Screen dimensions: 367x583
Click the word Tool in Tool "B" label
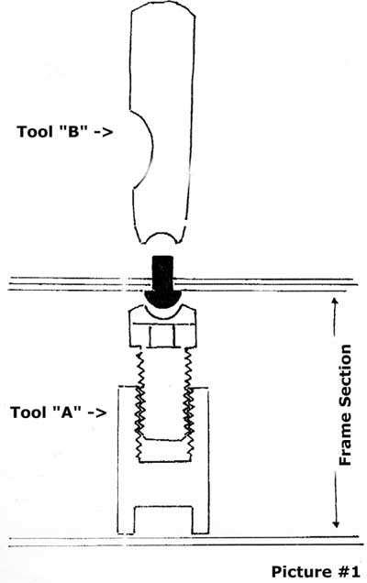pos(35,132)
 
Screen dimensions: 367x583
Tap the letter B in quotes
pos(74,131)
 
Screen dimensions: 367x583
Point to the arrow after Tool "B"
pos(103,132)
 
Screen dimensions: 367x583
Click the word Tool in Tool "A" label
pos(28,412)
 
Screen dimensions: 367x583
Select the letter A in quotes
pos(67,412)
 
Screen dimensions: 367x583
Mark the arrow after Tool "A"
pos(96,413)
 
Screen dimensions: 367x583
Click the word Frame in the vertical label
pos(345,445)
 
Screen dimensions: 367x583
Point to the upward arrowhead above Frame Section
pos(335,302)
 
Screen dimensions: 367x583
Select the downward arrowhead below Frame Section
pos(336,523)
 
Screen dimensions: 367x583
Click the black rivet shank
pos(162,273)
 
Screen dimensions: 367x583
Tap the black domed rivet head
pos(162,300)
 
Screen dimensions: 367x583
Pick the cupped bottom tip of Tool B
pos(161,238)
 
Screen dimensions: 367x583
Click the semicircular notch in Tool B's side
pos(142,149)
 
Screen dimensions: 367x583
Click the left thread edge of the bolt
pos(139,405)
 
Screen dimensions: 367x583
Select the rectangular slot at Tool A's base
pos(163,520)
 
